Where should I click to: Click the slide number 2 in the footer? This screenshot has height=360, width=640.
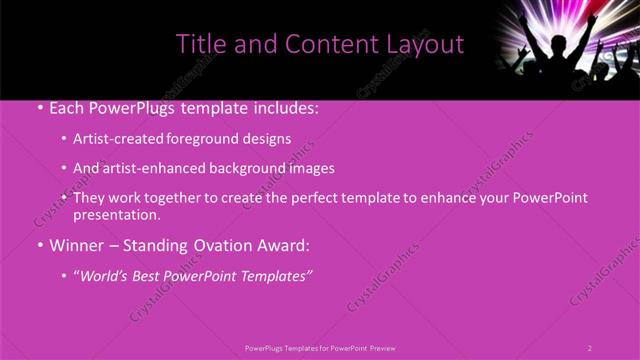click(x=590, y=348)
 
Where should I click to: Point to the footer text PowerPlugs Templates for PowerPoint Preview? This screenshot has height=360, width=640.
click(x=320, y=348)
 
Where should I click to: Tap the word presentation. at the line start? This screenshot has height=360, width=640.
click(x=116, y=214)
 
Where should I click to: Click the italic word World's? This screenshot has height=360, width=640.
click(x=108, y=275)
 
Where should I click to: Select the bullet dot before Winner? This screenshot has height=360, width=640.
click(x=39, y=244)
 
